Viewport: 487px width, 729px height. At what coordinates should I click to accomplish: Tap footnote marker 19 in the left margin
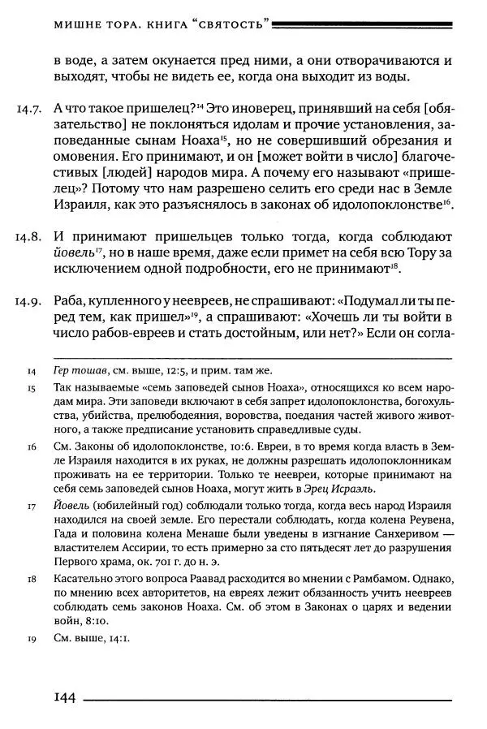click(x=31, y=638)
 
